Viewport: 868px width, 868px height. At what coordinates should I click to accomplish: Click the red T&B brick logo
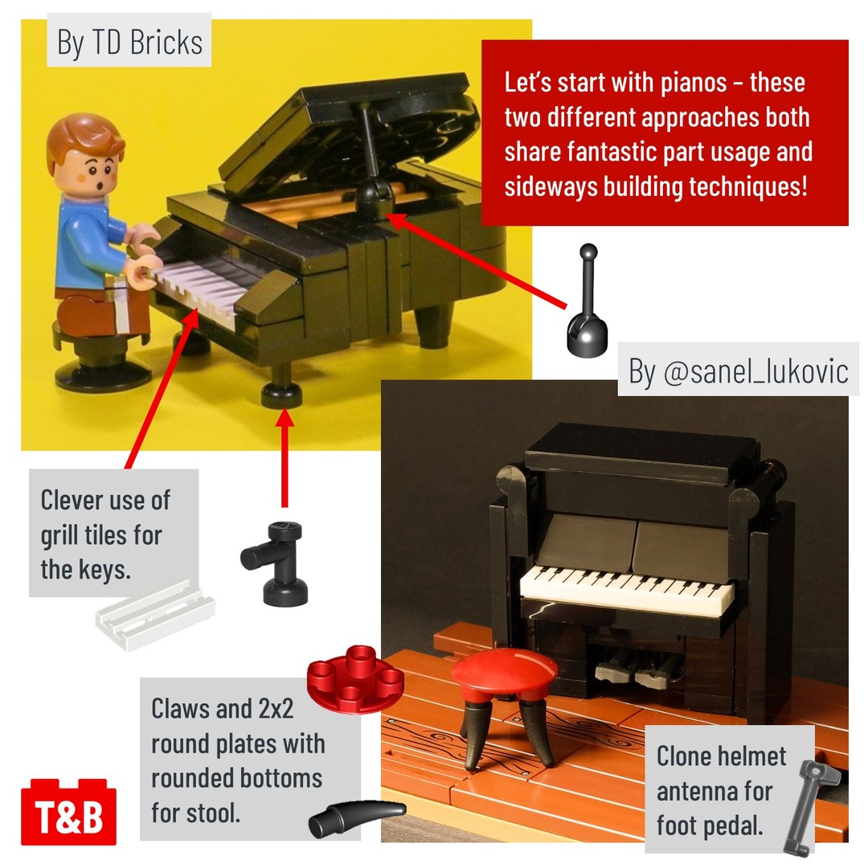pyautogui.click(x=68, y=812)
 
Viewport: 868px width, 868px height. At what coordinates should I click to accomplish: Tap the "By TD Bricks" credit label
pyautogui.click(x=129, y=42)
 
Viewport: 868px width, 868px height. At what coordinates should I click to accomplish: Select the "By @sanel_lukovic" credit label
pyautogui.click(x=739, y=370)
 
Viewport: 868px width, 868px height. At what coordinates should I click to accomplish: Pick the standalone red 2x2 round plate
pyautogui.click(x=356, y=678)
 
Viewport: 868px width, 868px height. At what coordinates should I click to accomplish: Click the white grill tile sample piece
pyautogui.click(x=154, y=615)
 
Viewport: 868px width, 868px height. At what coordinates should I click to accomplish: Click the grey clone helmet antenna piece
pyautogui.click(x=812, y=805)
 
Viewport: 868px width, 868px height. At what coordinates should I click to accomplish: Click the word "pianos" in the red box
pyautogui.click(x=694, y=83)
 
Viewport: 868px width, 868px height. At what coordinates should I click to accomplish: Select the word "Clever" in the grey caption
pyautogui.click(x=77, y=500)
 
